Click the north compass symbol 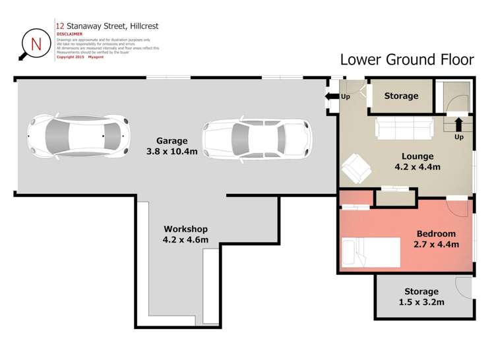pyautogui.click(x=34, y=44)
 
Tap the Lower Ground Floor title pyautogui.click(x=406, y=60)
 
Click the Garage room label pyautogui.click(x=171, y=140)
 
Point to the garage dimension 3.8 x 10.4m pyautogui.click(x=171, y=151)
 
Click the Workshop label pyautogui.click(x=185, y=229)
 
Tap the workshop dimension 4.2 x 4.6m pyautogui.click(x=185, y=240)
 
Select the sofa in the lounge pyautogui.click(x=404, y=128)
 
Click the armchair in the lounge pyautogui.click(x=357, y=168)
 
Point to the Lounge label pyautogui.click(x=417, y=156)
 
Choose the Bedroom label pyautogui.click(x=436, y=233)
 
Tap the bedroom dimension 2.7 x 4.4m pyautogui.click(x=436, y=245)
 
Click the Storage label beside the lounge pyautogui.click(x=401, y=96)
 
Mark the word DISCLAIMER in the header pyautogui.click(x=70, y=34)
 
